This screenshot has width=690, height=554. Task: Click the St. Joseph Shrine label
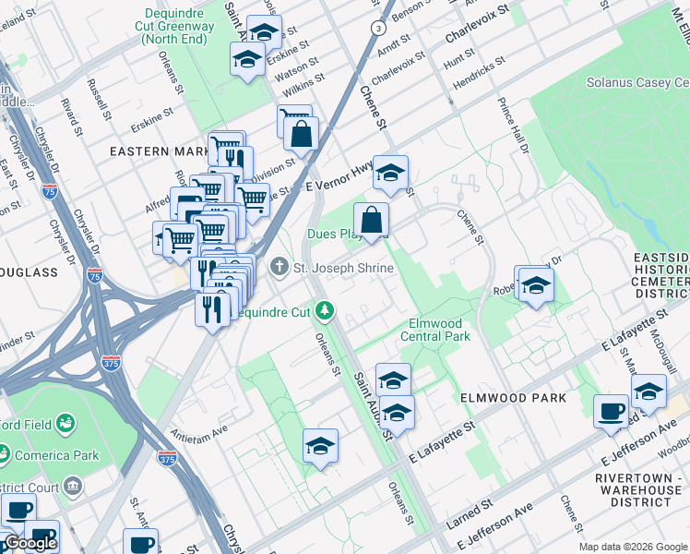[x=343, y=269]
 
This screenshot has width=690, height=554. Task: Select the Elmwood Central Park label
[x=440, y=330]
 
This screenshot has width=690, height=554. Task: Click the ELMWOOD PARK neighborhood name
[x=506, y=398]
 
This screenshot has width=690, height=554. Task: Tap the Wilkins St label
[x=301, y=92]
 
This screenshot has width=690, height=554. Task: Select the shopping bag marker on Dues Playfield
[x=371, y=221]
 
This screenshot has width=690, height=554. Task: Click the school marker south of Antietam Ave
[x=320, y=447]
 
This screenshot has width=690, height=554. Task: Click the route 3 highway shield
[x=377, y=29]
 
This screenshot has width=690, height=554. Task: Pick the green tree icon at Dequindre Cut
[x=325, y=311]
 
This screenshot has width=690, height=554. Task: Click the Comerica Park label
[x=41, y=455]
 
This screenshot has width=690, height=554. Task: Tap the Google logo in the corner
[x=30, y=543]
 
